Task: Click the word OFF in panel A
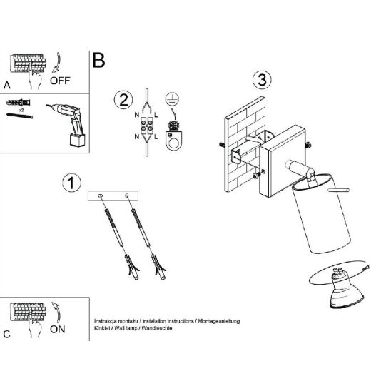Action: coord(60,81)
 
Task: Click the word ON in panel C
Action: coord(58,330)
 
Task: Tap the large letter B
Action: coord(98,60)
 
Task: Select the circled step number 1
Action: coord(71,183)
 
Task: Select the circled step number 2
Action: coord(123,100)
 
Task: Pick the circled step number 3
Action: coord(262,80)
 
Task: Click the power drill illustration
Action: coord(68,124)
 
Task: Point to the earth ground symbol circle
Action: coord(172,98)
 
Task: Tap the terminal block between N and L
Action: coord(147,126)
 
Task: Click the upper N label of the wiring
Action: coord(137,115)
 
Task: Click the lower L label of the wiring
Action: coord(156,137)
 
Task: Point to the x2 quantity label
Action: coord(21,110)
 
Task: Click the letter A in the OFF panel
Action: coord(6,86)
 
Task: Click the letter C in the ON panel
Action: coord(6,334)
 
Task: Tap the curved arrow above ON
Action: coord(57,313)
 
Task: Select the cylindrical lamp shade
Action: coord(322,214)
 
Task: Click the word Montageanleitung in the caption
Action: coord(219,321)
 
